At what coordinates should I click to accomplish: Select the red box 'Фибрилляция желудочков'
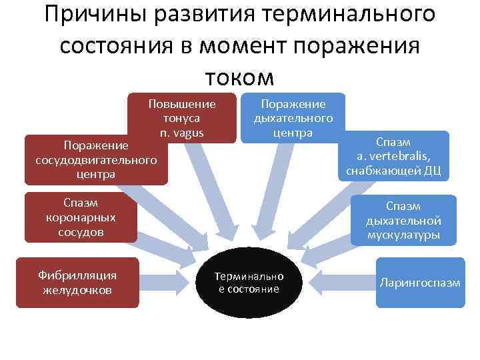77,283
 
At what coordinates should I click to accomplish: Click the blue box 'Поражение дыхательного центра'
293,118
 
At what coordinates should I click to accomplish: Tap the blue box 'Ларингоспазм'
419,283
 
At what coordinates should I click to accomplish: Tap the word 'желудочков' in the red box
77,290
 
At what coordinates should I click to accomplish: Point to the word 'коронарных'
81,217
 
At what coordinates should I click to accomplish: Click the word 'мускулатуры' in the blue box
403,235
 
